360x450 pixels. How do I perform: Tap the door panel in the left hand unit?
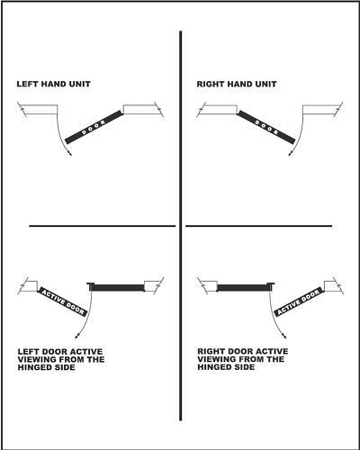point(94,127)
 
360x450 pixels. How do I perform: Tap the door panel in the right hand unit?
point(266,127)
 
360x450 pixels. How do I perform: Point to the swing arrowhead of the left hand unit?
point(70,154)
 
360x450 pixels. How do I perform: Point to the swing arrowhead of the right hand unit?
point(290,154)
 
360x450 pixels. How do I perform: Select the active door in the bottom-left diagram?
point(62,301)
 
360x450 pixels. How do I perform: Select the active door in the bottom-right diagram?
point(299,301)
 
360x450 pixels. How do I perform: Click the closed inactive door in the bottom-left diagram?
point(116,287)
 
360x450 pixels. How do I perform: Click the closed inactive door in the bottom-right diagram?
point(246,287)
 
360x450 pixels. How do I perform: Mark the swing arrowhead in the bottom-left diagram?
point(76,337)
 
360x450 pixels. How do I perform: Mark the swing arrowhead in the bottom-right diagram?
point(283,337)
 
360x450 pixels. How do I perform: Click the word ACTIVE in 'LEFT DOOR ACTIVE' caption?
point(86,352)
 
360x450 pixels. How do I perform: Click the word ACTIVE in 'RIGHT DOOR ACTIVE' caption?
point(273,351)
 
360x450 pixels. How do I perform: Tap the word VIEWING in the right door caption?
point(213,359)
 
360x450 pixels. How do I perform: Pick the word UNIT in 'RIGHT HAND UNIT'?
point(265,85)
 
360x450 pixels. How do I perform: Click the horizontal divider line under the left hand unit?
point(103,226)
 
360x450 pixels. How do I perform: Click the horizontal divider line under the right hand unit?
point(259,226)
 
